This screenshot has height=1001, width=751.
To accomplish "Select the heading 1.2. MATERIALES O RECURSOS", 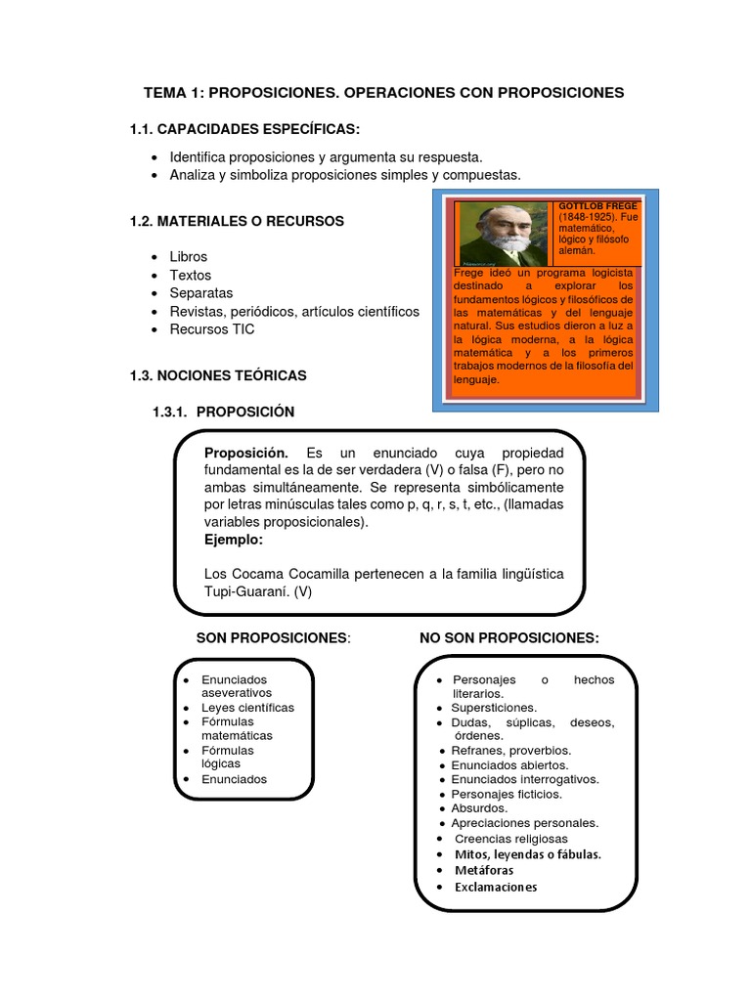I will click(237, 222).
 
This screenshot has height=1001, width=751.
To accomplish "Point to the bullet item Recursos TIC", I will click(211, 329).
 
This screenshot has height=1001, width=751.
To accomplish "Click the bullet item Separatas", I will click(201, 293).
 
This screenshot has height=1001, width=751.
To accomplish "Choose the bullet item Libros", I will click(189, 257).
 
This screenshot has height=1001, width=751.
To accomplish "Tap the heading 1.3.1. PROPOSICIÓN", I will click(223, 413).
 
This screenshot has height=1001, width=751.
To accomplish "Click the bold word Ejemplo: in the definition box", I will click(234, 540).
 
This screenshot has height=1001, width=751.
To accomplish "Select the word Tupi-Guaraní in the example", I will click(245, 591).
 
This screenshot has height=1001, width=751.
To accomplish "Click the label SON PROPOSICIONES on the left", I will click(272, 638).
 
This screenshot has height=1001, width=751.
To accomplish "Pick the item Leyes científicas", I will click(247, 708).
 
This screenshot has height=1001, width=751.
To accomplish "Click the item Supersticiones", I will click(494, 708).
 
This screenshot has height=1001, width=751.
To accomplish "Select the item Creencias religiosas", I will click(510, 839).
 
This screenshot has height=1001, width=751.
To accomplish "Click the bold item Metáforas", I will click(484, 870).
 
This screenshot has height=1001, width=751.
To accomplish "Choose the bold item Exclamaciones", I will click(496, 888).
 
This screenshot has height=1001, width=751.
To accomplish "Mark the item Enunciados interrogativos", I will click(524, 780).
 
